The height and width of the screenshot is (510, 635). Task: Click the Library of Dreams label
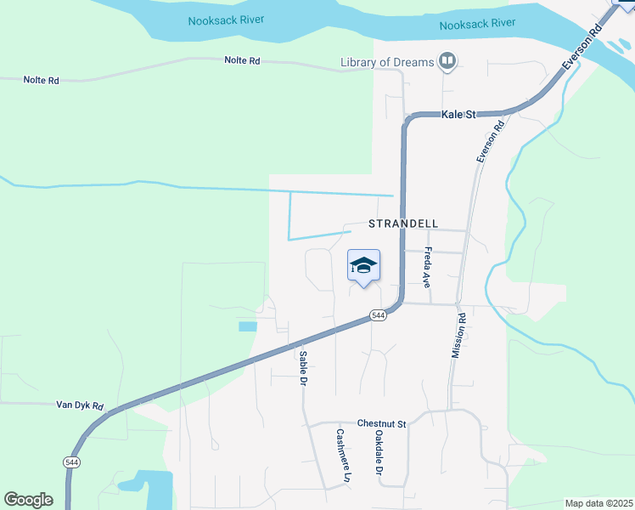pyautogui.click(x=386, y=61)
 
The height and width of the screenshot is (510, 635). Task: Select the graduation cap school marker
pyautogui.click(x=363, y=266)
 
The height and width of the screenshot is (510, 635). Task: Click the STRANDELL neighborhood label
pyautogui.click(x=403, y=224)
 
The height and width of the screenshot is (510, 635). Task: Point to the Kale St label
pyautogui.click(x=458, y=114)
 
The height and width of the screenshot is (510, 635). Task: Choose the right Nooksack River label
pyautogui.click(x=477, y=24)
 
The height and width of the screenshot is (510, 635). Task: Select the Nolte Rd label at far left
pyautogui.click(x=41, y=80)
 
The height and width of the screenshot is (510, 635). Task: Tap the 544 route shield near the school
pyautogui.click(x=379, y=315)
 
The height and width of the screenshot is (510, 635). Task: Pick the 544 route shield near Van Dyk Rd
pyautogui.click(x=71, y=461)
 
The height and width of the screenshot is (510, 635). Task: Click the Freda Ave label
pyautogui.click(x=428, y=267)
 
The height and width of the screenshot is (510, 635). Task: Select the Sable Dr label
pyautogui.click(x=301, y=368)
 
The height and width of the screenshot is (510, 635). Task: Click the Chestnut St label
pyautogui.click(x=382, y=423)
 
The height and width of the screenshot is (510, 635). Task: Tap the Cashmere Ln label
pyautogui.click(x=341, y=456)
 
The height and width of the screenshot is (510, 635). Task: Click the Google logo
pyautogui.click(x=29, y=500)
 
